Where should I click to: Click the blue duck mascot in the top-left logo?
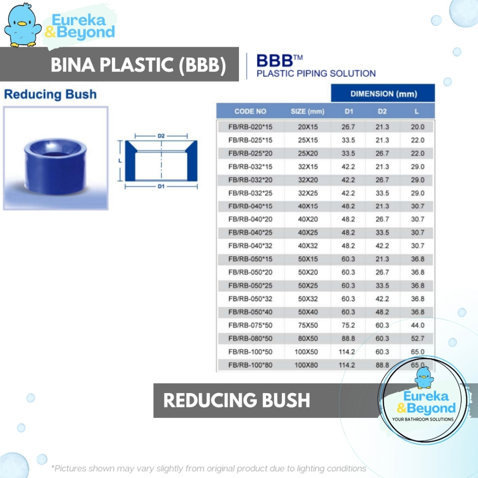(x=22, y=25)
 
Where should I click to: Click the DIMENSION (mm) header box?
(x=383, y=93)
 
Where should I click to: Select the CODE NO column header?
(x=250, y=111)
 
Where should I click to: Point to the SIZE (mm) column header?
(x=308, y=111)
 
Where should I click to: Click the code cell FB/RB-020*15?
(x=250, y=127)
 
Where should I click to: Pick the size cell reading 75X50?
(x=308, y=325)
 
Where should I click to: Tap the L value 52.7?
(x=417, y=338)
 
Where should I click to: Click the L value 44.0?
(x=417, y=325)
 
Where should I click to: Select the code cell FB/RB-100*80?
(x=250, y=365)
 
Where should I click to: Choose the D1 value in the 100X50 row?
(x=347, y=352)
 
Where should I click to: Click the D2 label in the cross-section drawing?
(x=161, y=136)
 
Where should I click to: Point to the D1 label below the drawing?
(x=161, y=186)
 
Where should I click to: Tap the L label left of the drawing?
(x=120, y=161)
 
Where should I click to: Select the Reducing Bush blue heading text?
(x=50, y=94)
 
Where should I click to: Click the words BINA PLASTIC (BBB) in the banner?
(x=138, y=64)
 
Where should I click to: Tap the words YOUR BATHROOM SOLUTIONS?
(x=423, y=420)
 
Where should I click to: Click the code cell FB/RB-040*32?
(x=250, y=246)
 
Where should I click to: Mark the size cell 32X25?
(x=308, y=193)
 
